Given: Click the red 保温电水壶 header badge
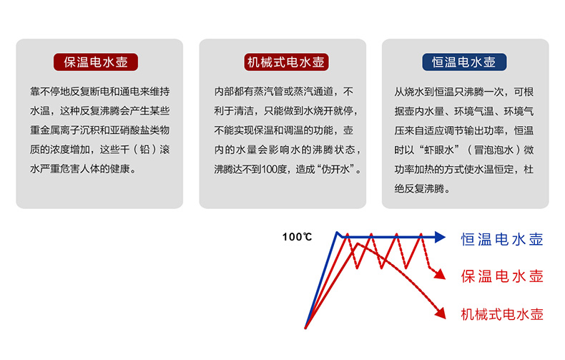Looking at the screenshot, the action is click(96, 62).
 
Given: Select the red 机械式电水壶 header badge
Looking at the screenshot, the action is click(286, 62).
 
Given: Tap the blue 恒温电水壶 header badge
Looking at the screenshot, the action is click(464, 62).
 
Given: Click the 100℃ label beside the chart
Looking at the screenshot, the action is click(297, 237).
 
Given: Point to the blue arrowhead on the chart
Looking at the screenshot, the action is click(441, 237).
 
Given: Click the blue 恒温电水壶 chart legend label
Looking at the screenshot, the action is click(502, 240).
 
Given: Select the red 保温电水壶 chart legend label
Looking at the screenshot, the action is click(502, 277).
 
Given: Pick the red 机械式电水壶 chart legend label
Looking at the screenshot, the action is click(502, 314).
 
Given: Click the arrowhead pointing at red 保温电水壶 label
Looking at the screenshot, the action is click(440, 274).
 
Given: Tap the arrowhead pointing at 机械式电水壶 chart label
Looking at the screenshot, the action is click(441, 313).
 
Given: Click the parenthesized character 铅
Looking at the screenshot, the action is click(145, 150).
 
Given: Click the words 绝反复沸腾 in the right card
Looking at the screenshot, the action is click(419, 189).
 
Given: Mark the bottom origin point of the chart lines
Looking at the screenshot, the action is click(305, 328).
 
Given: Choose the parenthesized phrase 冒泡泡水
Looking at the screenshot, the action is click(493, 150).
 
